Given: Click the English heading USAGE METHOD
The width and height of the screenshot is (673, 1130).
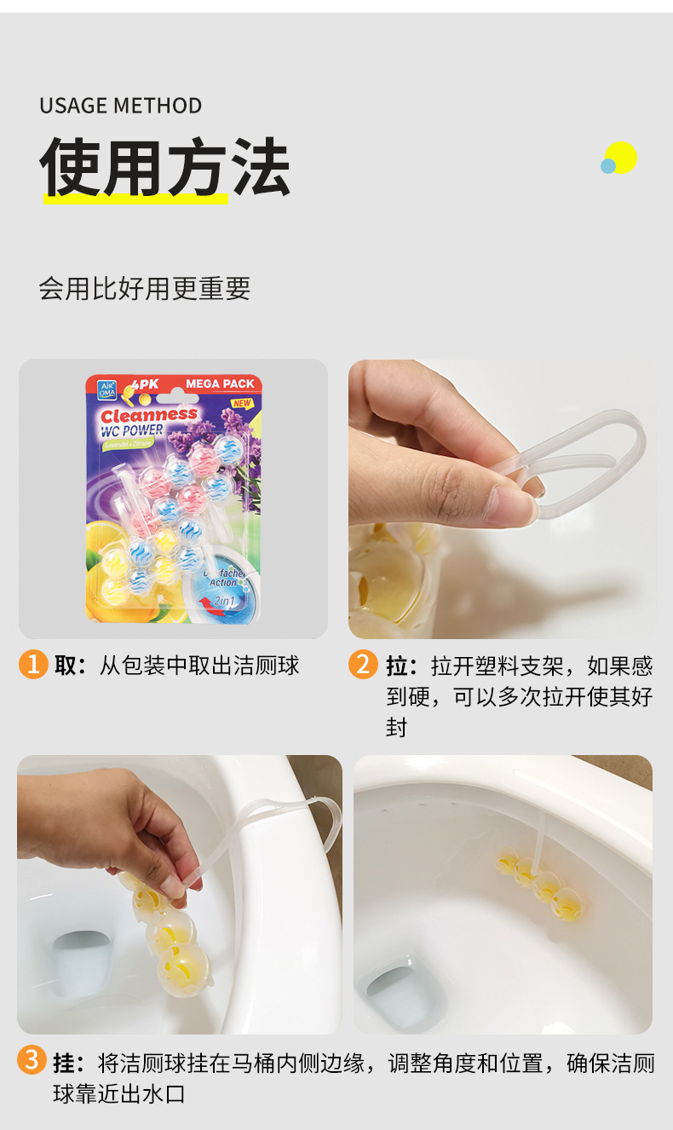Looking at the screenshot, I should coord(120,106).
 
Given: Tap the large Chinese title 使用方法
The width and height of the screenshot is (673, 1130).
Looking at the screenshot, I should coord(165,167).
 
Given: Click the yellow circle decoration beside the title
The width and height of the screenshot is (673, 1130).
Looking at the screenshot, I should coord(622,157).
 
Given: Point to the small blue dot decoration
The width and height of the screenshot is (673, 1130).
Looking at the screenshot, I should coord(607,166).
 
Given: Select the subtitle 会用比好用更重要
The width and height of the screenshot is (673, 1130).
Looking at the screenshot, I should coord(144,289).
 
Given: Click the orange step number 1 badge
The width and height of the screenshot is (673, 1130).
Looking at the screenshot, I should coord(32,664).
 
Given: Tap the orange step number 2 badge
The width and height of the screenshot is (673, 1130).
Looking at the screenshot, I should coord(363,664).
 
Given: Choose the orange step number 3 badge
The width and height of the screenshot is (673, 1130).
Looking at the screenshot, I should coord(32,1062).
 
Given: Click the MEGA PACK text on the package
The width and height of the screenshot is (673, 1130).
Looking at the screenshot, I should coord(220,384).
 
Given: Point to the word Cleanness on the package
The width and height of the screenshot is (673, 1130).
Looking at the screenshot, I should coord(149,415).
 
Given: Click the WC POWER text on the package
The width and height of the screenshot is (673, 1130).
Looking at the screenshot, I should coord(132,430).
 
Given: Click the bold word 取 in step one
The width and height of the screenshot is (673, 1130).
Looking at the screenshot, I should coord(66,666).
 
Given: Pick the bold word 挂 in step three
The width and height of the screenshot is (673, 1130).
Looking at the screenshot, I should coord(65,1064).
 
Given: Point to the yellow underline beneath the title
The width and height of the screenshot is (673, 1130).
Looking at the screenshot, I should coord(136,199).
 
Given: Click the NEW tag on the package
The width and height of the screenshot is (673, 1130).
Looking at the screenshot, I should coord(242,403).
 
